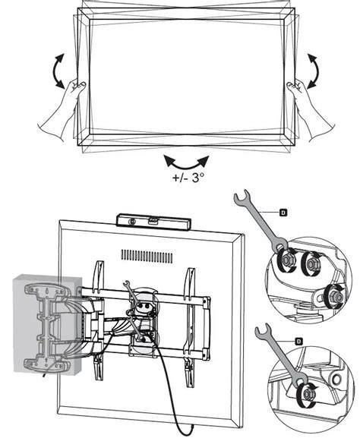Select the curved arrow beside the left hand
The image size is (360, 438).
click(58, 71)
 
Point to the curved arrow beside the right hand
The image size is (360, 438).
click(314, 71)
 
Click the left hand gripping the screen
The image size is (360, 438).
click(60, 112)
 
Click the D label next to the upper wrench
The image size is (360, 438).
click(283, 213)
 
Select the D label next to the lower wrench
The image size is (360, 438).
click(298, 341)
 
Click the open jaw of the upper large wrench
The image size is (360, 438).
click(241, 197)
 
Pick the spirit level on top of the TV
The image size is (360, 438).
click(153, 222)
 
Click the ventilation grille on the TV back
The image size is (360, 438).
click(147, 256)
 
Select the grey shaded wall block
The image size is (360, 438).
click(48, 324)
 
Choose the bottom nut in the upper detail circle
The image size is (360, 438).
click(334, 296)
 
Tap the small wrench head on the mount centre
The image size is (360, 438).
click(126, 284)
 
